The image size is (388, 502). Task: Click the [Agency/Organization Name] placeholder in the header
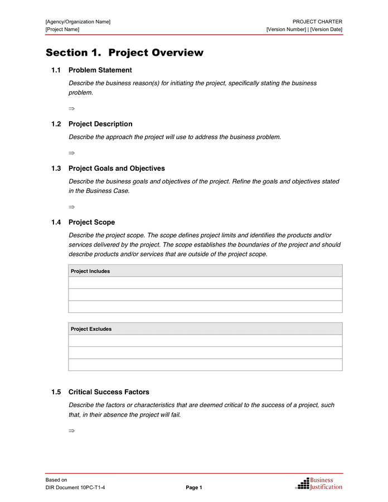click(x=78, y=22)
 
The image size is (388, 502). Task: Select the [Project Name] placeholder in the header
click(x=62, y=29)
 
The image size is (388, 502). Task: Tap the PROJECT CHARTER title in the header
click(x=317, y=22)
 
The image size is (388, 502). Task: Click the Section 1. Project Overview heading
click(x=124, y=53)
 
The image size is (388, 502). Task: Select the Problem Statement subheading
click(x=100, y=70)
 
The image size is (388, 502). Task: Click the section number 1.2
click(x=56, y=124)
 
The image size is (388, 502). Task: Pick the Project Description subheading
click(x=100, y=124)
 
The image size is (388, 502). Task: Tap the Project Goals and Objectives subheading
click(x=117, y=168)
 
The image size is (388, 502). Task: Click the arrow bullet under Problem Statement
click(x=71, y=108)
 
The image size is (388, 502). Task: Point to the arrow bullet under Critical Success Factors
click(x=71, y=431)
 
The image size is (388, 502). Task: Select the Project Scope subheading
click(x=91, y=223)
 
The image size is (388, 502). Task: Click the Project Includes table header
click(x=90, y=271)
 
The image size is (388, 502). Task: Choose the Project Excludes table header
click(x=91, y=329)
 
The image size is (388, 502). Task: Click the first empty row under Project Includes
click(x=205, y=283)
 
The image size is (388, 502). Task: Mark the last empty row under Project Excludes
click(x=205, y=365)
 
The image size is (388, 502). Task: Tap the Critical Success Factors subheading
click(x=109, y=392)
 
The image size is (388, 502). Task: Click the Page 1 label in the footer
click(x=194, y=488)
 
